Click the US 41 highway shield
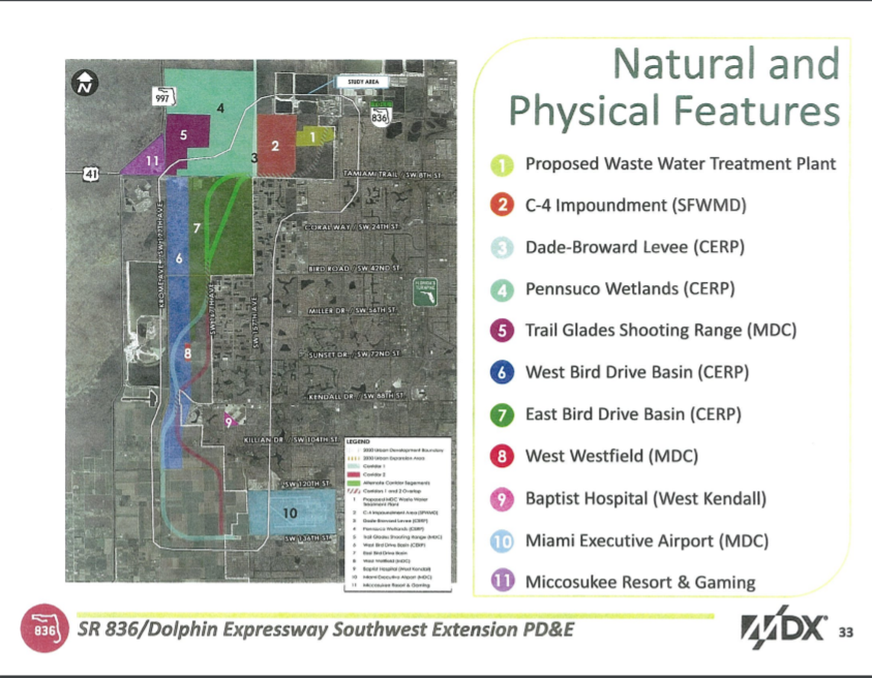pyautogui.click(x=90, y=175)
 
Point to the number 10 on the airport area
pyautogui.click(x=289, y=513)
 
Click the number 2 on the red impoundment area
pyautogui.click(x=275, y=144)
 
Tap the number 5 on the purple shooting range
pyautogui.click(x=184, y=135)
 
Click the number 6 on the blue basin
pyautogui.click(x=179, y=259)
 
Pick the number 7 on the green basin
pyautogui.click(x=197, y=228)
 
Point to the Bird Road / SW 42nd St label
pyautogui.click(x=353, y=269)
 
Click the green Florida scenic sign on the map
pyautogui.click(x=425, y=292)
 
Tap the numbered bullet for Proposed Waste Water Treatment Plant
pyautogui.click(x=500, y=164)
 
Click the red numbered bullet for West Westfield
pyautogui.click(x=500, y=457)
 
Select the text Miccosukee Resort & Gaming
pyautogui.click(x=639, y=582)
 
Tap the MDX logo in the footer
pyautogui.click(x=784, y=630)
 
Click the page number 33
pyautogui.click(x=844, y=631)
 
